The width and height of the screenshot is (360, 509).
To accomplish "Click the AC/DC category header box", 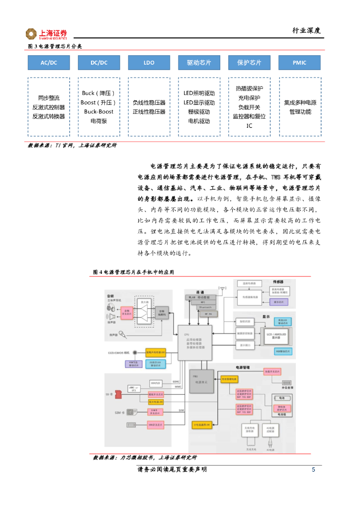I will (49, 63).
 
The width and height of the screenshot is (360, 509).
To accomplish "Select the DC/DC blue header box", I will (99, 63).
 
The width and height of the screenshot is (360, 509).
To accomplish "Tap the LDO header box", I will (149, 63).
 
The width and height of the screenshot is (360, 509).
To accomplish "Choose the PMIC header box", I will (299, 63).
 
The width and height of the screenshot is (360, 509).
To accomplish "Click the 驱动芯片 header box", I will (199, 63).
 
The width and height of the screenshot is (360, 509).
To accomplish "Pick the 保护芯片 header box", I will (249, 63).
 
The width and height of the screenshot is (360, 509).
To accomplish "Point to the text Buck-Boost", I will (98, 111).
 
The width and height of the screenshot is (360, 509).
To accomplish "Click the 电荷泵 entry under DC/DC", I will (98, 121).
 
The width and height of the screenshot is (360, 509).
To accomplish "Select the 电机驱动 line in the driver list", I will (199, 121).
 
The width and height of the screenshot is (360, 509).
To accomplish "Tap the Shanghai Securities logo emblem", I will (32, 34).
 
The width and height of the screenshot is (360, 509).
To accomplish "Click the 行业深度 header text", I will (306, 30).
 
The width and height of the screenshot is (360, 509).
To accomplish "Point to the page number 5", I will (313, 470).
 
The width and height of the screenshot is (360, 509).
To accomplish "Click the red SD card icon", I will (118, 394).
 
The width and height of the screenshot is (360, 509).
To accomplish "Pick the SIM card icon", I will (131, 412).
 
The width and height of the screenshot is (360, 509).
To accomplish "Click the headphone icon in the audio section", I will (110, 308).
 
